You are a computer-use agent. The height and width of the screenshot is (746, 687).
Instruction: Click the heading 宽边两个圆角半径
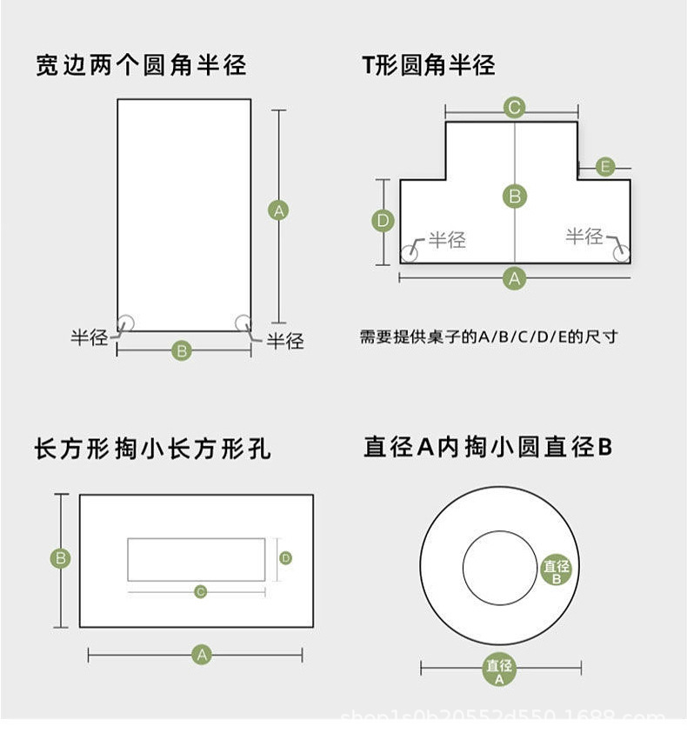[141, 65]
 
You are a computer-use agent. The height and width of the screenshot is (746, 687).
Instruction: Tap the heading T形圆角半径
[429, 65]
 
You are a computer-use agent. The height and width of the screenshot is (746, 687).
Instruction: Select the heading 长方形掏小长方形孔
[152, 449]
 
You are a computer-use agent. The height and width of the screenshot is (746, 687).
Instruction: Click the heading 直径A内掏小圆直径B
[488, 448]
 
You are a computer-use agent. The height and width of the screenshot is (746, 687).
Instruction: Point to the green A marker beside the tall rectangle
[278, 210]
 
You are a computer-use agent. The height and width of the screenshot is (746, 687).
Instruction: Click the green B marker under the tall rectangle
[182, 351]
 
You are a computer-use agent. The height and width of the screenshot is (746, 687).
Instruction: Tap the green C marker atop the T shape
[514, 108]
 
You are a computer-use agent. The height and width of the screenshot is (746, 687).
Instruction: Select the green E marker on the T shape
[607, 166]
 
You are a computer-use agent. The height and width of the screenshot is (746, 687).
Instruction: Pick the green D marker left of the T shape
[384, 220]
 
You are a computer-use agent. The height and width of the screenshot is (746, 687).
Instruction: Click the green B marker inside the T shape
[515, 196]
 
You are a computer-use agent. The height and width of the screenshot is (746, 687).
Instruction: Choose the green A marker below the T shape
[515, 278]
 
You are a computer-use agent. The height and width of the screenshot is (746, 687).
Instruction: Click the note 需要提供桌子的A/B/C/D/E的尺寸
[488, 336]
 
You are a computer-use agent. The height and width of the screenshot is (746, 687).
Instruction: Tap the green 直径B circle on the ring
[557, 570]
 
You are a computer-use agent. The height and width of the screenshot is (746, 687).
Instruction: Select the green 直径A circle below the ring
[499, 670]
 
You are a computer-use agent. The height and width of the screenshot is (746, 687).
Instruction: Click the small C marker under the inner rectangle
[200, 592]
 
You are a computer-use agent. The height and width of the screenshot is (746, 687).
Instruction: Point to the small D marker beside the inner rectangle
[285, 557]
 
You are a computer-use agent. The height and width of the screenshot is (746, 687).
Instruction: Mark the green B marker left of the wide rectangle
[61, 558]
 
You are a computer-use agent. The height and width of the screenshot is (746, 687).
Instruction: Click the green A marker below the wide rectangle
[202, 655]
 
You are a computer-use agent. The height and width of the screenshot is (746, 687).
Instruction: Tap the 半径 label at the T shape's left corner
[447, 240]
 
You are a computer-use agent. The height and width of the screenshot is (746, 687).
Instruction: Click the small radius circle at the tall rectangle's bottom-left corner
[126, 323]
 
